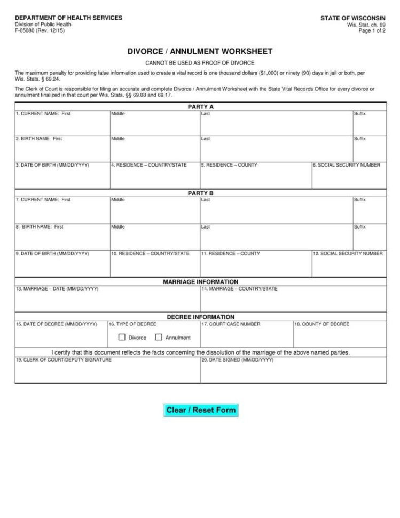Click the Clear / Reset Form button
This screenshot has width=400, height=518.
click(201, 410)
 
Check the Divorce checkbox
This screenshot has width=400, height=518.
click(122, 338)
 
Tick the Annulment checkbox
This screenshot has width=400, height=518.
click(159, 338)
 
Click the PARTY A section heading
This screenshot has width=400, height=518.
click(200, 107)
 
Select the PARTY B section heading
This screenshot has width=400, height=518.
click(200, 193)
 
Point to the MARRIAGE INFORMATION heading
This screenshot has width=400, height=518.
click(200, 282)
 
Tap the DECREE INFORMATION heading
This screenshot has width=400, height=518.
click(200, 317)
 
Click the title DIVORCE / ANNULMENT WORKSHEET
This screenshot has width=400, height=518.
click(200, 52)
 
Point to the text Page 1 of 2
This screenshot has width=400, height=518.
click(372, 31)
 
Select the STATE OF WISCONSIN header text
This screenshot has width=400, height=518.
click(352, 18)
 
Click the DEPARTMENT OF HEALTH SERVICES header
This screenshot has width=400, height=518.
click(68, 18)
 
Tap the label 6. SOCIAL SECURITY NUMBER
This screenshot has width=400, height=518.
click(347, 166)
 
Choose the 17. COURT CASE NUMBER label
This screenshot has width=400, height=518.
click(231, 324)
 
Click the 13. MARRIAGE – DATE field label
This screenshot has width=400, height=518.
click(57, 289)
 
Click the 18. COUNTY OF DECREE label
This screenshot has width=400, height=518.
click(321, 324)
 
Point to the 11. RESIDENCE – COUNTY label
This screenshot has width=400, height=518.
click(231, 254)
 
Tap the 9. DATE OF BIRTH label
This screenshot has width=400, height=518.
click(52, 254)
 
